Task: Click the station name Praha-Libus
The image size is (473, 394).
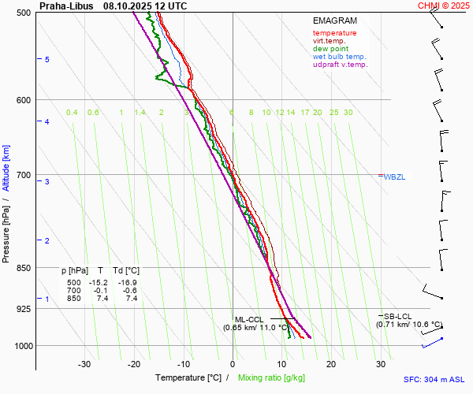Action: (x=65, y=6)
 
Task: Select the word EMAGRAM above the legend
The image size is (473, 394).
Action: (x=335, y=21)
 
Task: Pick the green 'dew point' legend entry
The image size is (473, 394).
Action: (x=330, y=49)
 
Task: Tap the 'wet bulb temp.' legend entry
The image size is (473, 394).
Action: (x=339, y=57)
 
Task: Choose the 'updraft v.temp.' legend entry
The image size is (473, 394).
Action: (x=340, y=65)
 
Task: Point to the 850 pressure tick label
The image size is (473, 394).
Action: (x=22, y=268)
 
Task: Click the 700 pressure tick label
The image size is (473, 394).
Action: (x=22, y=175)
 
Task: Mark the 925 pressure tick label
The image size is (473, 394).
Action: (x=22, y=308)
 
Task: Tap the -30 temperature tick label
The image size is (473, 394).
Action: (x=84, y=364)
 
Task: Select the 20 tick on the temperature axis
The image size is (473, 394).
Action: (x=331, y=364)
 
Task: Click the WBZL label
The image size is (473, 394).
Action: (x=394, y=177)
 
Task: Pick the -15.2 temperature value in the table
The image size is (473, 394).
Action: (x=100, y=283)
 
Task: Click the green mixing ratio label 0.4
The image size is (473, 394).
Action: (x=72, y=113)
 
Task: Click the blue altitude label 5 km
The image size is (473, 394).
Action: (x=47, y=60)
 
